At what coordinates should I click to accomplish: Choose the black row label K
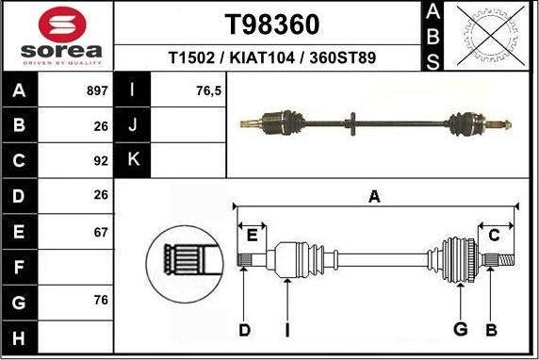133,159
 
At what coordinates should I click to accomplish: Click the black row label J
133,125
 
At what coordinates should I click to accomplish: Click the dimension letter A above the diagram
374,197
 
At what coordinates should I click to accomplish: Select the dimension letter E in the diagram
252,234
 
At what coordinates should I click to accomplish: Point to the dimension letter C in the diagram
494,235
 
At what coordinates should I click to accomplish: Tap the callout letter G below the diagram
460,329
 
